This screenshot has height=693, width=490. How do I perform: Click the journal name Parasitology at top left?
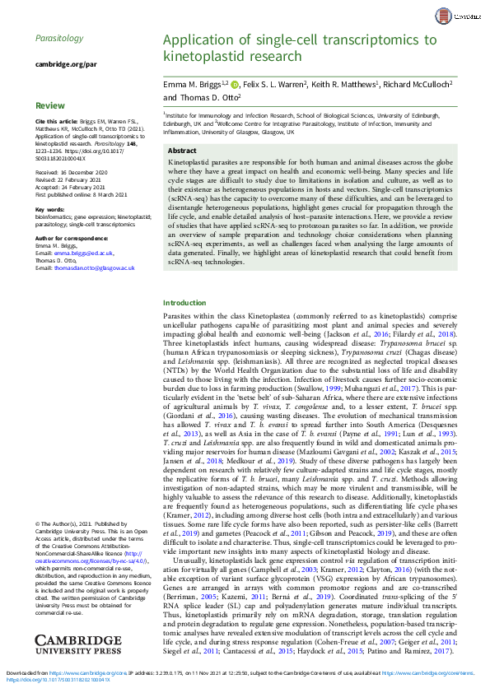pyautogui.click(x=59, y=38)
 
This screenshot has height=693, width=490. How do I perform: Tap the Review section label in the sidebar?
pyautogui.click(x=49, y=105)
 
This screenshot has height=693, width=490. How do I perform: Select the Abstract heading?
pyautogui.click(x=182, y=151)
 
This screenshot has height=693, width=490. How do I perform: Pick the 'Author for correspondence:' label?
pyautogui.click(x=72, y=239)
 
